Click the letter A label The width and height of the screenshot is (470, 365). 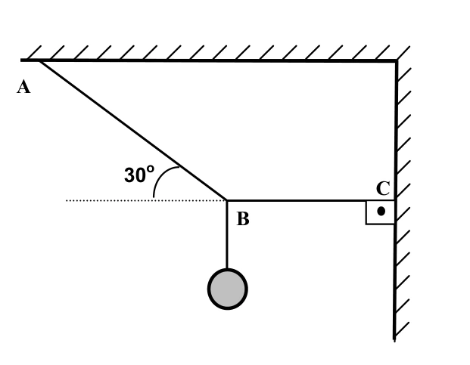pyautogui.click(x=23, y=87)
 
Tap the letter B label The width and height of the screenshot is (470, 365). pyautogui.click(x=243, y=218)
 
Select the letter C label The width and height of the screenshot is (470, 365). pyautogui.click(x=383, y=188)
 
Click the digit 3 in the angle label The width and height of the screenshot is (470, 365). pyautogui.click(x=130, y=175)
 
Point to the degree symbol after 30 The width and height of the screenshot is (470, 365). pyautogui.click(x=151, y=169)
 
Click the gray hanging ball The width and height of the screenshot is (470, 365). pyautogui.click(x=228, y=289)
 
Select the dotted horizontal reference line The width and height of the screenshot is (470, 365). pyautogui.click(x=146, y=200)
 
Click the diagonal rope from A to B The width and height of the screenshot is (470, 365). pyautogui.click(x=133, y=131)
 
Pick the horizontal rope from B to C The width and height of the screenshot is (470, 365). pyautogui.click(x=311, y=200)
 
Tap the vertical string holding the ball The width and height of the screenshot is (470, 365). pyautogui.click(x=227, y=234)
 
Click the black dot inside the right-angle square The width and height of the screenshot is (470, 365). pyautogui.click(x=381, y=212)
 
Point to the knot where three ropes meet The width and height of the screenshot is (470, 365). pyautogui.click(x=227, y=200)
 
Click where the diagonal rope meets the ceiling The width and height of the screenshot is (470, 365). pyautogui.click(x=40, y=61)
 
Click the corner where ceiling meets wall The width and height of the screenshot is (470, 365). pyautogui.click(x=397, y=61)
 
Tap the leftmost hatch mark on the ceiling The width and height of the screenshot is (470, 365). pyautogui.click(x=34, y=53)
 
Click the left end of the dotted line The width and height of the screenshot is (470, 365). pyautogui.click(x=67, y=200)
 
